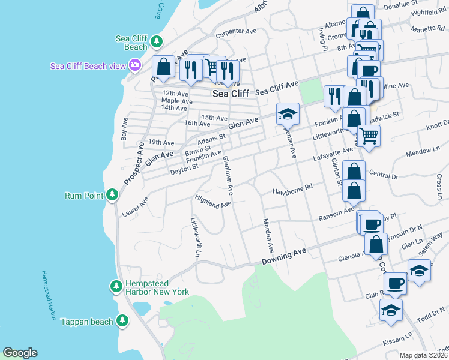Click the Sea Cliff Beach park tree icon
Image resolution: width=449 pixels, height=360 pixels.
(157, 41)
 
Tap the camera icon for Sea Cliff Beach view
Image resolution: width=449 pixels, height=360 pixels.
(136, 65)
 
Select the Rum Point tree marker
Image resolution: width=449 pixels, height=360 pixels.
(112, 195)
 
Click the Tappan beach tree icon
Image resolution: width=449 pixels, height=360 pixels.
(122, 321)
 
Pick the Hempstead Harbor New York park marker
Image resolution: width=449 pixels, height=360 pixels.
(116, 287)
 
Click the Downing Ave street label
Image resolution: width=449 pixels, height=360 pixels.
(284, 256)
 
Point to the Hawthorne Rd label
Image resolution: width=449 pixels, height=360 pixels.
(293, 187)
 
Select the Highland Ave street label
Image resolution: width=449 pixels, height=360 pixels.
(213, 201)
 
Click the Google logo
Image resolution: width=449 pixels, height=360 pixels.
(20, 353)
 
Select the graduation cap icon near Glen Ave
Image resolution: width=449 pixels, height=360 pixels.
(288, 113)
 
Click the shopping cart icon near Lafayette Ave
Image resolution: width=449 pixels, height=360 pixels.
(369, 136)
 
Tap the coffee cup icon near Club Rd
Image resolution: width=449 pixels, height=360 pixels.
(394, 283)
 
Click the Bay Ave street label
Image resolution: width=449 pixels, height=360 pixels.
(125, 129)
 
